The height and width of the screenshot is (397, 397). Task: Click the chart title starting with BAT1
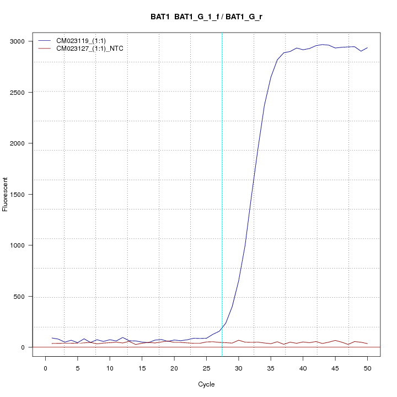[x=206, y=17]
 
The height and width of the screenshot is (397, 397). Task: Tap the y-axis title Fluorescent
[x=6, y=194]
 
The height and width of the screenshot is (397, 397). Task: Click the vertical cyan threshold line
[x=222, y=193]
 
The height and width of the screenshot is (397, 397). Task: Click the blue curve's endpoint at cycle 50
[x=367, y=48]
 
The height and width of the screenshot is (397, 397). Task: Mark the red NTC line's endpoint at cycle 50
[x=367, y=344]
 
